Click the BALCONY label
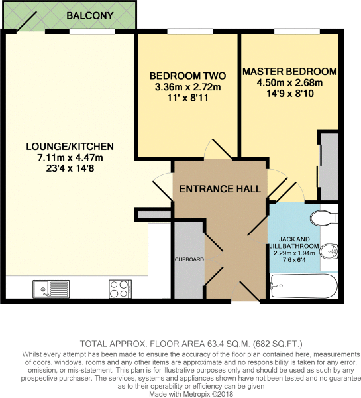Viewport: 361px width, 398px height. point(89,15)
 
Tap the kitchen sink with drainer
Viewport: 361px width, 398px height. point(51,289)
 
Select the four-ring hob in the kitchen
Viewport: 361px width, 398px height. point(120,289)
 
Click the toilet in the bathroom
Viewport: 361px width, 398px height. point(324,218)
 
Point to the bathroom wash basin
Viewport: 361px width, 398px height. point(329,252)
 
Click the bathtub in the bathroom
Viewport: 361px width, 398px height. point(304,286)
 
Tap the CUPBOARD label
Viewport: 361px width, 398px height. point(189,259)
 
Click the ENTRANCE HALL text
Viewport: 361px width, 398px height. point(220,189)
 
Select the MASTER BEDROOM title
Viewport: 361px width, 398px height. point(289,72)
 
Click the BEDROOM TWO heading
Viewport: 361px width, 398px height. point(187,76)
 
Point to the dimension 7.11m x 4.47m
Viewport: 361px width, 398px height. point(70,157)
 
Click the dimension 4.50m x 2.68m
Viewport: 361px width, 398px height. point(289,82)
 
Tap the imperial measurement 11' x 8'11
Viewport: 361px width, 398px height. point(188,98)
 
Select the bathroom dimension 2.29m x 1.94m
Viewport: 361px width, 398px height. point(294,253)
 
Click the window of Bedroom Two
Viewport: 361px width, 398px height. point(190,31)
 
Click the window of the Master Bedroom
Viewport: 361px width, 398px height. point(297,31)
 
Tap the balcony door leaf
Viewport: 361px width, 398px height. point(27,22)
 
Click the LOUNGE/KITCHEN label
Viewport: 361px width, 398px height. point(70,147)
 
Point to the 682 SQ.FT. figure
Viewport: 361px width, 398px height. point(278,344)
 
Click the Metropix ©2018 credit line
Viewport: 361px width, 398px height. point(191,394)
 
